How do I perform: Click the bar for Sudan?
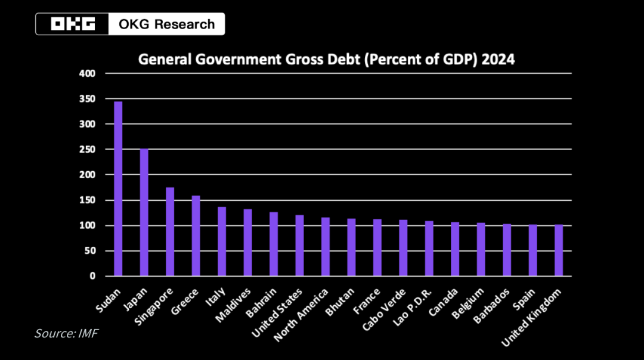click(118, 189)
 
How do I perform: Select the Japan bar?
click(144, 213)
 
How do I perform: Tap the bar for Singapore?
click(170, 232)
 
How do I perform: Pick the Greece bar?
click(196, 236)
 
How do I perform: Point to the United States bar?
click(299, 246)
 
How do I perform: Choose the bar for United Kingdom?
click(559, 250)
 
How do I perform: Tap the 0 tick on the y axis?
click(92, 277)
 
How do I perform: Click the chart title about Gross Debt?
click(326, 60)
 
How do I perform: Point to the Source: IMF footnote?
click(66, 333)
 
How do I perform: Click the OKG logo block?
click(73, 24)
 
